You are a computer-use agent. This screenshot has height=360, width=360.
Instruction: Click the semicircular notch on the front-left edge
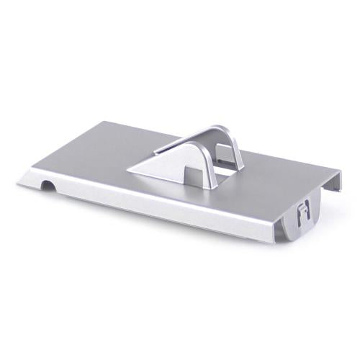coord(47,186)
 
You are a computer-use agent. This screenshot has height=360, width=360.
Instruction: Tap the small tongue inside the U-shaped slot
coord(303,215)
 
